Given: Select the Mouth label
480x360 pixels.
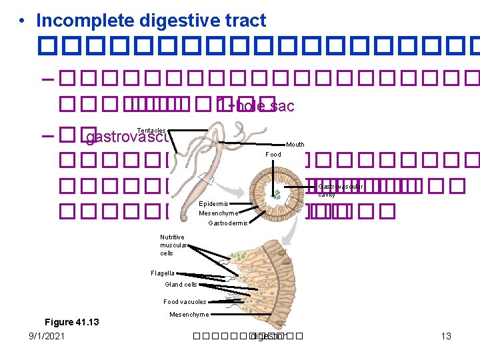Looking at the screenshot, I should [295, 145].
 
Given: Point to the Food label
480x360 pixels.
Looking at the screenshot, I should [273, 155].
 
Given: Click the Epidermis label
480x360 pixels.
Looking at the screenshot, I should [214, 203].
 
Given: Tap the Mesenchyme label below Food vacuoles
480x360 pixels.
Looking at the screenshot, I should [189, 315].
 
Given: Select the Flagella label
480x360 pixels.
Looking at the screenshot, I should [163, 273].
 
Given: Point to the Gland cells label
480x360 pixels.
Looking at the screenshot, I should [181, 285].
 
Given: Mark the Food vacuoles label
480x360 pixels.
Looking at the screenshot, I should [185, 302].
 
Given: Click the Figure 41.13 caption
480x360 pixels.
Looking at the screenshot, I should [71, 322].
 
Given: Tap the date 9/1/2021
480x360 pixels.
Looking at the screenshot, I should [47, 336].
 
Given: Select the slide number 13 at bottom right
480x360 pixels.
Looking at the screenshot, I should [446, 336].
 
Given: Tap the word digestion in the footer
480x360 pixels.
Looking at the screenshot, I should [267, 336].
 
